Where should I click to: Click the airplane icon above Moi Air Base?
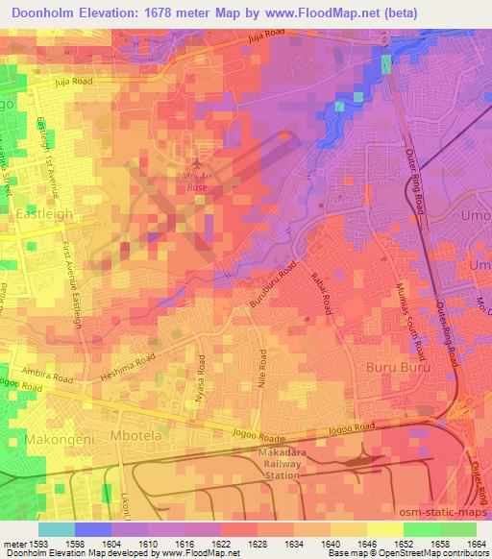click(198, 162)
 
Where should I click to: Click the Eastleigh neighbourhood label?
click(44, 215)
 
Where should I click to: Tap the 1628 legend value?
click(258, 544)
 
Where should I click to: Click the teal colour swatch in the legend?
click(56, 529)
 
